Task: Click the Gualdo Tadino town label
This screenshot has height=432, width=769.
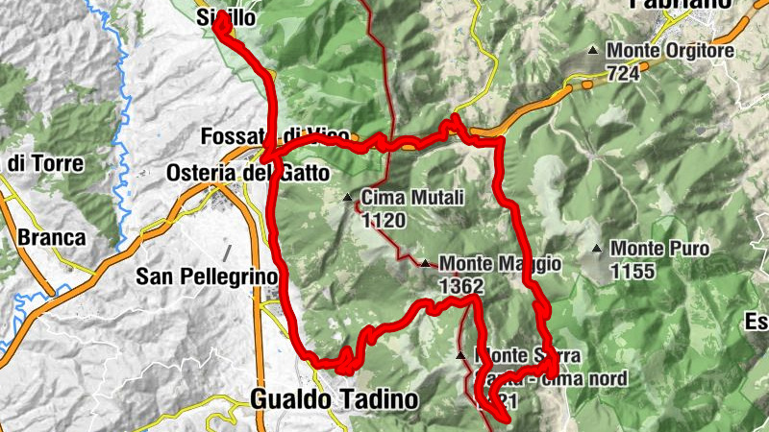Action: pos(334,399)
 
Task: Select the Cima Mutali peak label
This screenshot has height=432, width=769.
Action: pos(413,199)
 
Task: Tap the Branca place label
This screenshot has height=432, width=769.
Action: pos(50,237)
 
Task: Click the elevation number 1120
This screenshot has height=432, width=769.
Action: pos(384,221)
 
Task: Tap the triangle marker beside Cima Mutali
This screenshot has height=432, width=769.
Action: pos(348,199)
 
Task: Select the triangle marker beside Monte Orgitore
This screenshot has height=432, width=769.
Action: pos(594,51)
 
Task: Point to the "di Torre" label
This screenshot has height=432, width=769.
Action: pos(45,163)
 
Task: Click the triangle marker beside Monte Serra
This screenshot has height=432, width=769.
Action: pos(461,355)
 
